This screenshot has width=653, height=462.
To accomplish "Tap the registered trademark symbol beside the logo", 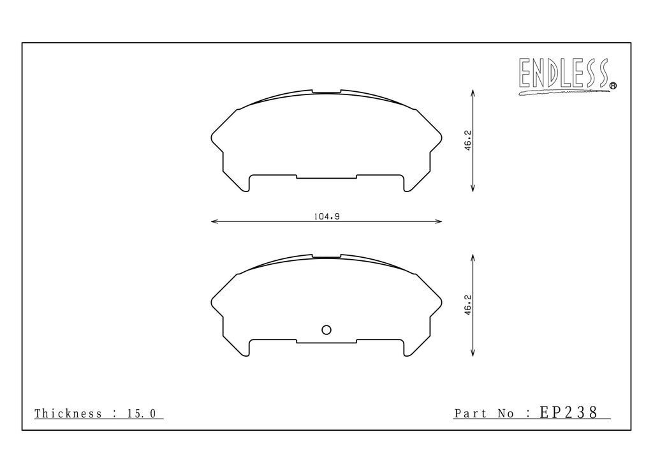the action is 613,86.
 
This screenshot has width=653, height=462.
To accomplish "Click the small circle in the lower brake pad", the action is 326,330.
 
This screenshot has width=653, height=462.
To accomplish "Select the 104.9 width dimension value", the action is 326,216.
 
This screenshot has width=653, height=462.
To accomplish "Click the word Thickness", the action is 68,414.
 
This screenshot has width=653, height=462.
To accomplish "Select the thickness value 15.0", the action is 142,414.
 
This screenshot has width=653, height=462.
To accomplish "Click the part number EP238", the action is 569,412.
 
